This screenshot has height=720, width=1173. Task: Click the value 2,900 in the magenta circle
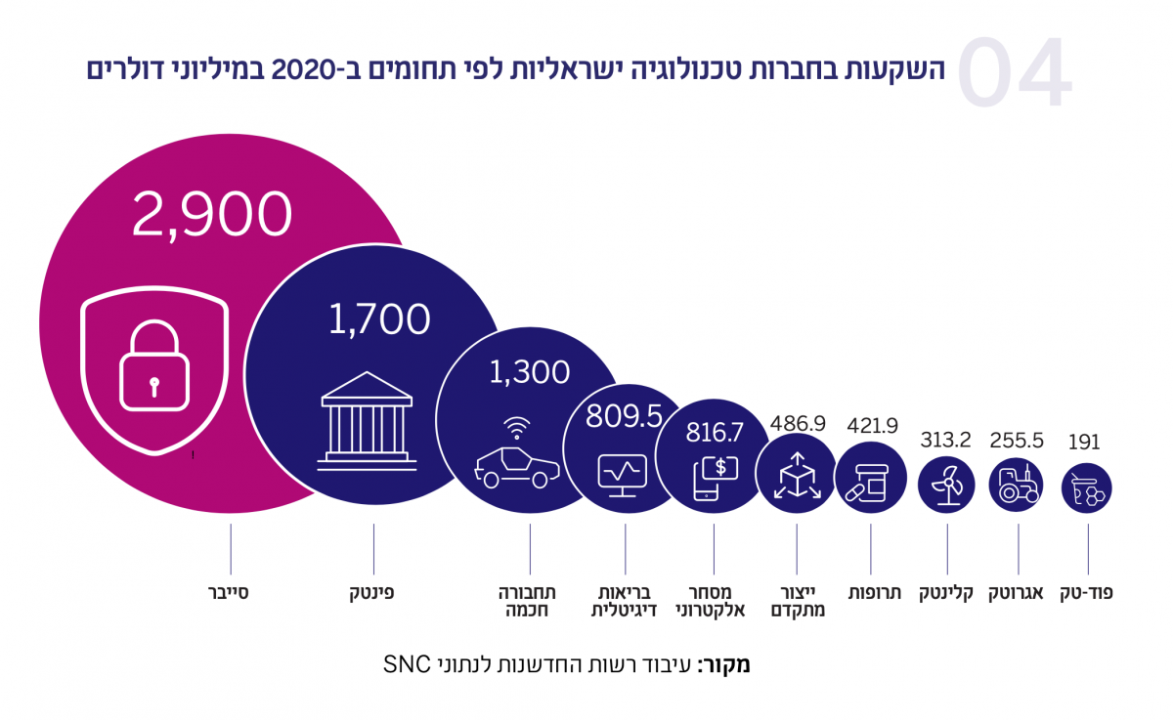click(212, 215)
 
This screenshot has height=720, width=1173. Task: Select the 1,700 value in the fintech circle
click(378, 319)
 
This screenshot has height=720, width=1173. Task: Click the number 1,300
click(528, 371)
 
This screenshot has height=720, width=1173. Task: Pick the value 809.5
click(625, 417)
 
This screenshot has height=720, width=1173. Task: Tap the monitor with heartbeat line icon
click(624, 475)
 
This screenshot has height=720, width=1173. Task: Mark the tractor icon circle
click(1017, 485)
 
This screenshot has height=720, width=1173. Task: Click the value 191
click(1084, 442)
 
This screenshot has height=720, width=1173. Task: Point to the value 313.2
click(945, 440)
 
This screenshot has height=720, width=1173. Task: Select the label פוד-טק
click(1087, 593)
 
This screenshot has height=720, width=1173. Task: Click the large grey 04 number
click(1014, 74)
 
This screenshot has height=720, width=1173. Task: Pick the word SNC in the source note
click(402, 666)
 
